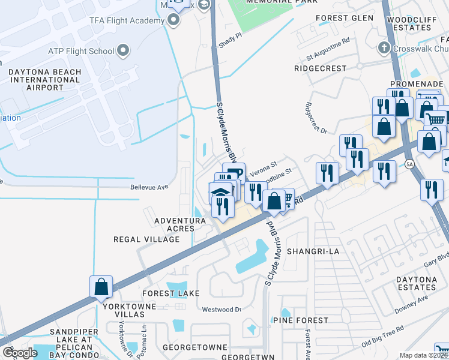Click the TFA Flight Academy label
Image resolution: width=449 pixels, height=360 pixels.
[x=127, y=20]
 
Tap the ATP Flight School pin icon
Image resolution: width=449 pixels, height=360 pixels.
[x=124, y=50]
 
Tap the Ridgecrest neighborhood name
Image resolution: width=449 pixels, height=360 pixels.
[x=321, y=68]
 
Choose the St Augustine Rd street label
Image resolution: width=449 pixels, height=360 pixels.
[x=327, y=50]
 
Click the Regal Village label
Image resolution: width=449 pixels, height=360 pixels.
[x=146, y=239]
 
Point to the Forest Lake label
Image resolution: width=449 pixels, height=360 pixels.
[x=166, y=293]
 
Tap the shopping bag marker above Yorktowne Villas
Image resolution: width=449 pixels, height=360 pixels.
[x=101, y=287]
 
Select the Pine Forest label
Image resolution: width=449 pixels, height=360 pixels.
[x=304, y=320]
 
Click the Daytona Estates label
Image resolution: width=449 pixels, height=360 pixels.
[x=415, y=284]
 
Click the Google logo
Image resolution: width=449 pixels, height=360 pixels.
[x=19, y=353]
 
